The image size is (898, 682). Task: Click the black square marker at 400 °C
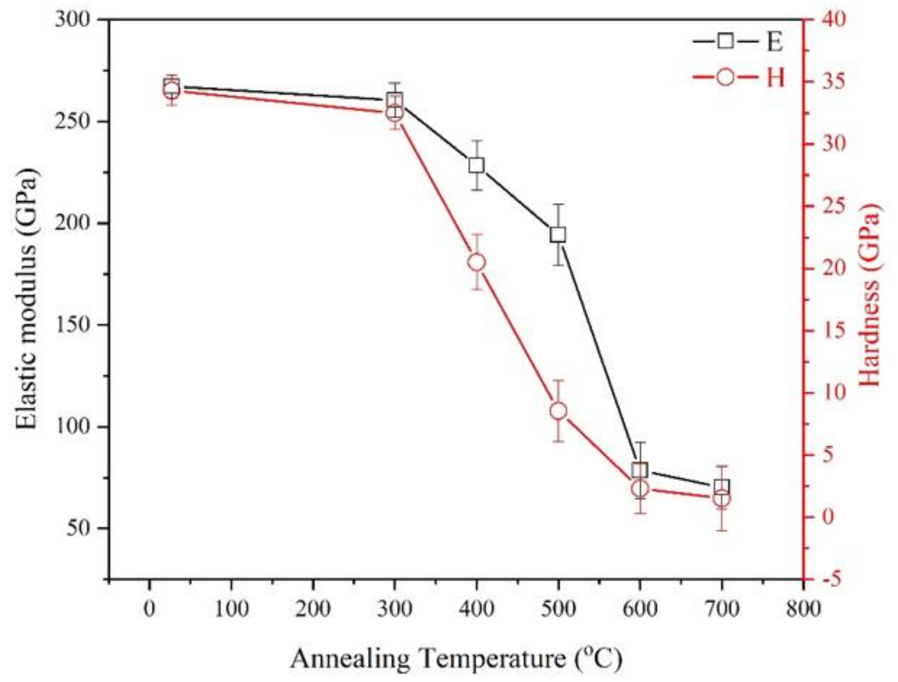tap(476, 166)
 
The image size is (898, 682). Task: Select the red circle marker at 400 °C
tap(476, 262)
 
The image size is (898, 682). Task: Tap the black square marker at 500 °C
tap(558, 235)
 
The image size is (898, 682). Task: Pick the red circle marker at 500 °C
tap(558, 411)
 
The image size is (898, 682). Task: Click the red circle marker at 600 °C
tap(640, 489)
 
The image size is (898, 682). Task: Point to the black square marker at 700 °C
tap(722, 486)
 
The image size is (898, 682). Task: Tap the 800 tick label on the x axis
tap(803, 609)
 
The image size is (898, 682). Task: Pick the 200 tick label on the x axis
tap(313, 609)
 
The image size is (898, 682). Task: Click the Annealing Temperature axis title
tap(456, 658)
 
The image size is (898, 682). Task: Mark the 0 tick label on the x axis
tap(150, 609)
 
